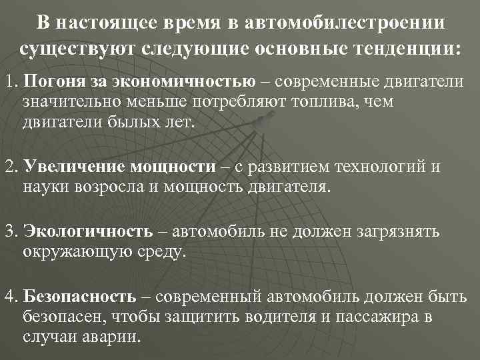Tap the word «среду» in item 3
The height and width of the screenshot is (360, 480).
pos(161,253)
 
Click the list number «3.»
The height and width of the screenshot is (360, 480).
pos(11,231)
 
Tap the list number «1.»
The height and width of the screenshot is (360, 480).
pos(11,82)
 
